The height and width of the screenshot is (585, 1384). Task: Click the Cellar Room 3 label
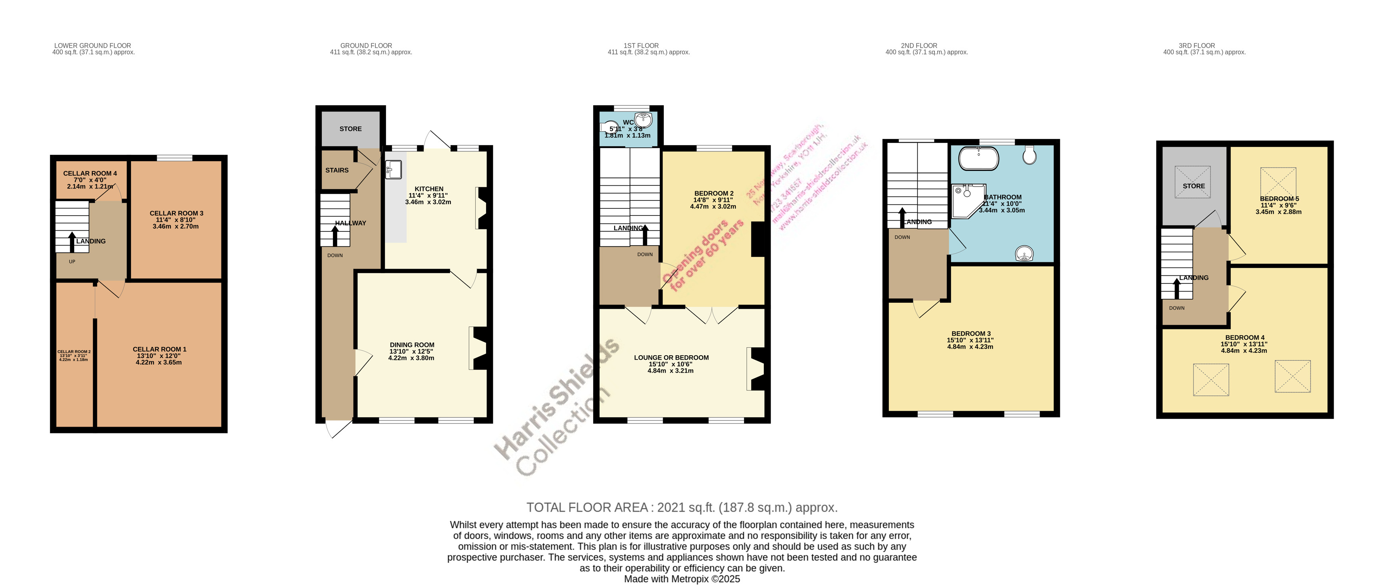[176, 213]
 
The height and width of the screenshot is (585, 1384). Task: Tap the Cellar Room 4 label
[90, 173]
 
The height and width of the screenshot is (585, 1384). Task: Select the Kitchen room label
[429, 189]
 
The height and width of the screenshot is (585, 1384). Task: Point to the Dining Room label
[412, 345]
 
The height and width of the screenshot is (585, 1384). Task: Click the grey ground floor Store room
[350, 129]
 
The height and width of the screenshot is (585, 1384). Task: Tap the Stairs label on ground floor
[337, 170]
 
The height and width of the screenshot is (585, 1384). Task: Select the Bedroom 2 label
[713, 193]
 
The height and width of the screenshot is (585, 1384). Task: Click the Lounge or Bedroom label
[671, 358]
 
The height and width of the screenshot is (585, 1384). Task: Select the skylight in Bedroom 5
[1278, 181]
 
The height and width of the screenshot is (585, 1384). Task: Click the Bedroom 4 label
[1244, 338]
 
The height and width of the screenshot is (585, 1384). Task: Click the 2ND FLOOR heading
[919, 46]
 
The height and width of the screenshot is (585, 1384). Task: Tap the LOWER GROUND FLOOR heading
[92, 46]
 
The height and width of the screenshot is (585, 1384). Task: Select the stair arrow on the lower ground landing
[72, 242]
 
